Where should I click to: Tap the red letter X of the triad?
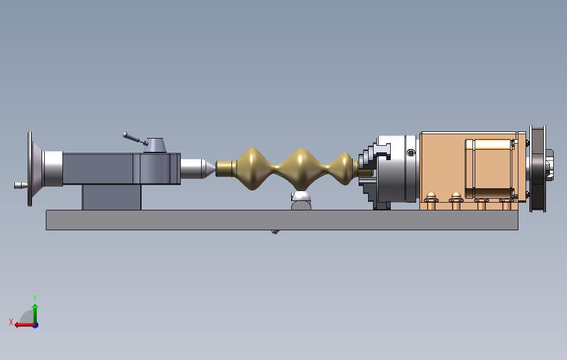[x=11, y=322]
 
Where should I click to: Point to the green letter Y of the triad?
[x=35, y=298]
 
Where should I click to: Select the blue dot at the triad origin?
[x=35, y=325]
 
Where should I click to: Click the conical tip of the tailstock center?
[x=209, y=168]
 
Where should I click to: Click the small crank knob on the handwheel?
[x=19, y=185]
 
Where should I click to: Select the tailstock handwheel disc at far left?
[x=30, y=169]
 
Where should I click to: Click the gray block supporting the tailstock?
[x=111, y=197]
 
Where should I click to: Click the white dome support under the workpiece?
[x=301, y=197]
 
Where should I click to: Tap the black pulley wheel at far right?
[x=537, y=168]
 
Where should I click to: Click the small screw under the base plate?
[x=275, y=231]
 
